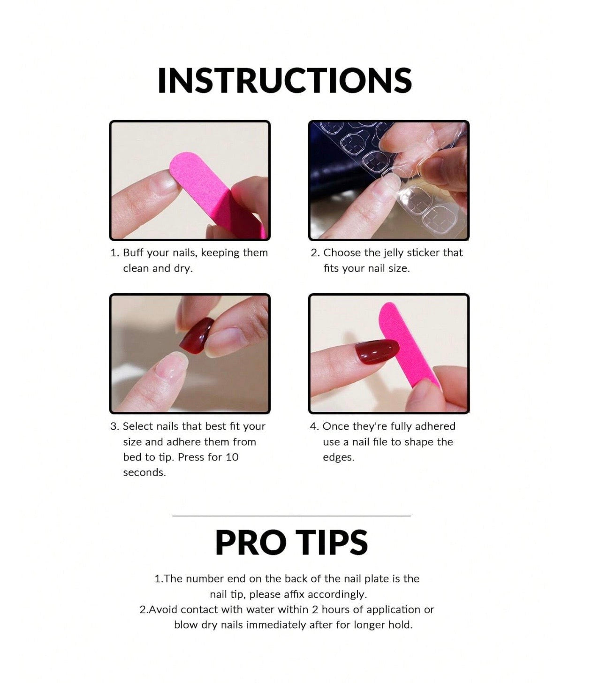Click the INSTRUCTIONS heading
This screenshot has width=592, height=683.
coord(285,81)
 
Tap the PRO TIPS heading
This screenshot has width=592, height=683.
coord(291,543)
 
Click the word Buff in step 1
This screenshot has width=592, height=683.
coord(133,253)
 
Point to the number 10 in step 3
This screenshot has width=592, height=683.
coord(232,457)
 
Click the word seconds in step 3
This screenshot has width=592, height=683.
coord(144,472)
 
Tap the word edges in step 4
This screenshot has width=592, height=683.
coord(338,457)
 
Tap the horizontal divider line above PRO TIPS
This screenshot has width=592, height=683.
coord(291,516)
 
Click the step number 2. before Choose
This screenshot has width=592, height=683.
coord(315,253)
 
